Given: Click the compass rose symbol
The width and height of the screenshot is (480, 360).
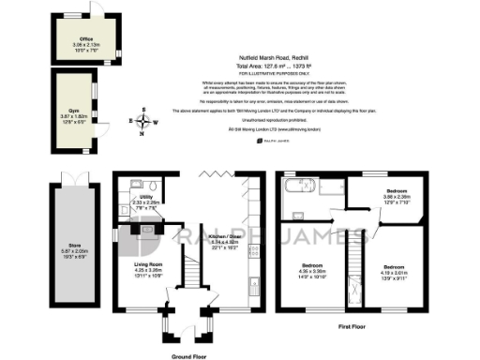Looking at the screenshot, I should click(x=142, y=122).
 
